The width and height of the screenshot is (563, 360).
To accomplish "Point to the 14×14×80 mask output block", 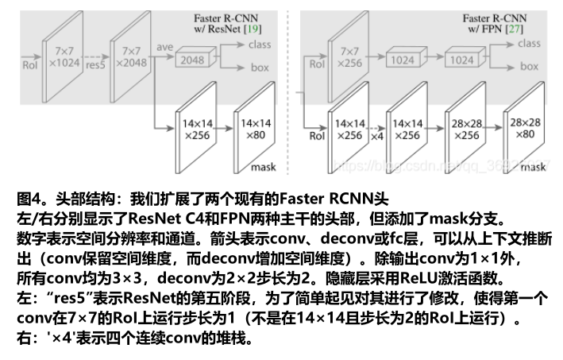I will tap(256, 130).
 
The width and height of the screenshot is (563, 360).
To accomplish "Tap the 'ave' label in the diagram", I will tap(164, 47).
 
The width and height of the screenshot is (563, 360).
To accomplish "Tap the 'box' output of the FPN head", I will tap(528, 68).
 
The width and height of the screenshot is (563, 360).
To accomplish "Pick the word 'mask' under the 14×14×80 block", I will tap(263, 168).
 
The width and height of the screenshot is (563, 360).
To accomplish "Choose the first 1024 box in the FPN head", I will tap(402, 59).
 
